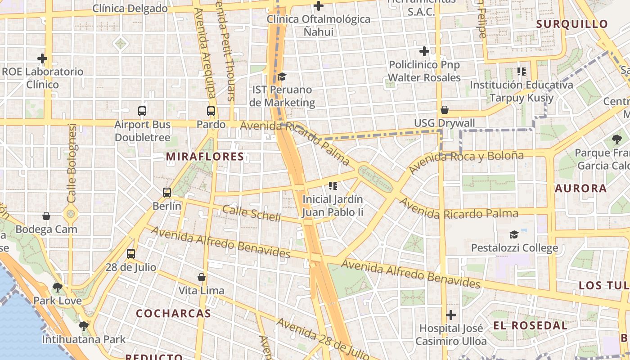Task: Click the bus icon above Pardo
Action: click(x=211, y=111)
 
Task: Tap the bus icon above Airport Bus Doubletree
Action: click(x=142, y=111)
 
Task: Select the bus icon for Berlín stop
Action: click(x=167, y=193)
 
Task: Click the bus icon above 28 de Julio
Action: click(x=131, y=253)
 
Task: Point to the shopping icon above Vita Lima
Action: click(x=202, y=277)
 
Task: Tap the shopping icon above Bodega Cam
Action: click(x=46, y=216)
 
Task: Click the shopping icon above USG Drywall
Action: click(x=445, y=110)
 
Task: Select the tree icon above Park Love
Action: click(x=57, y=287)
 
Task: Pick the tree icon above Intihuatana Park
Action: click(x=83, y=326)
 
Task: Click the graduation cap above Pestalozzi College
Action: click(x=514, y=234)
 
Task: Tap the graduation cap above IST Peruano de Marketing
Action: click(x=282, y=76)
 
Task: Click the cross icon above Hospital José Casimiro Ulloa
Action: click(x=451, y=315)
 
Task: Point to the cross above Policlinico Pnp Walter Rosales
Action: click(x=424, y=51)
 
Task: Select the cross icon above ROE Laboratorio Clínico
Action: click(x=42, y=58)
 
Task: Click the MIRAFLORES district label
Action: click(x=205, y=157)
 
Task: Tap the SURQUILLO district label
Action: click(x=572, y=24)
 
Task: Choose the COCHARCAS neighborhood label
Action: click(x=174, y=313)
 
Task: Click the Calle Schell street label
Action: click(x=252, y=213)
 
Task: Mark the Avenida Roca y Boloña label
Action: click(x=466, y=162)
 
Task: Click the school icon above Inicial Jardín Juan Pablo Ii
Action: click(x=333, y=185)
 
